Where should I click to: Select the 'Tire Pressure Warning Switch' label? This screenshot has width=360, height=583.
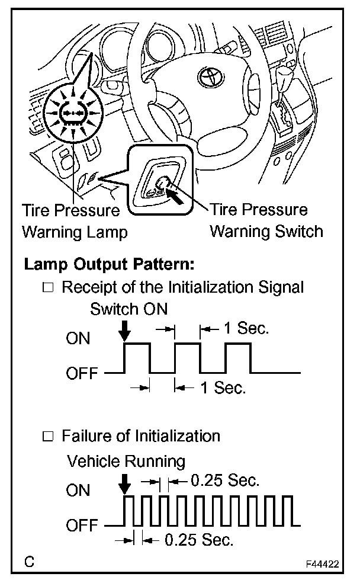pos(266,220)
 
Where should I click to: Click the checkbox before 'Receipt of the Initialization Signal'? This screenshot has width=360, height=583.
pos(49,289)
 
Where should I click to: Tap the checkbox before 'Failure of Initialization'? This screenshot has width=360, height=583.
pos(49,437)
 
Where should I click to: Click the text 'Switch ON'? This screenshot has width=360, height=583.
pos(129,309)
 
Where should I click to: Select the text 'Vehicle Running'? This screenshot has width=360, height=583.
pos(126,461)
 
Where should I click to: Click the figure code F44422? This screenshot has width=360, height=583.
pos(322,564)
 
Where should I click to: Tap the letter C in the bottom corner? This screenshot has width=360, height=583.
pos(28,561)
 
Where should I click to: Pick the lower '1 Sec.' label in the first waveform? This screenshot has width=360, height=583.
pos(223,388)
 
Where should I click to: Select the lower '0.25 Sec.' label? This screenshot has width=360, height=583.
pos(198,540)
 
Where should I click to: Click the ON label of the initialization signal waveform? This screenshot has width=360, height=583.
pos(78,339)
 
